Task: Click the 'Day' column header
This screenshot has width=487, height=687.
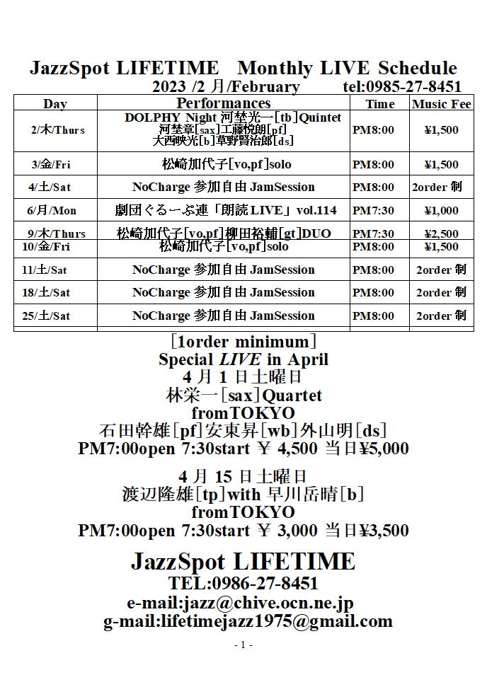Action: [55, 104]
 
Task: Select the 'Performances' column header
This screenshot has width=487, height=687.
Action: [223, 103]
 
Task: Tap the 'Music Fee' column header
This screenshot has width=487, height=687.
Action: [441, 104]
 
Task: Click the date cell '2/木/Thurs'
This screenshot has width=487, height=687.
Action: [57, 130]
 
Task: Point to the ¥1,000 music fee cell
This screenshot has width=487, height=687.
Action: [441, 211]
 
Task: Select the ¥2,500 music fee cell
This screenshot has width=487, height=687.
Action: [441, 234]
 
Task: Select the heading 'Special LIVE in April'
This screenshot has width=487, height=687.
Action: [243, 359]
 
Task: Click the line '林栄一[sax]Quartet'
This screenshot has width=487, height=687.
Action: [243, 396]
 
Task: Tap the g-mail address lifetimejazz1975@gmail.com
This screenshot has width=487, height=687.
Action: [247, 621]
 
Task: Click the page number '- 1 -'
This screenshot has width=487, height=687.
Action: [243, 645]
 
